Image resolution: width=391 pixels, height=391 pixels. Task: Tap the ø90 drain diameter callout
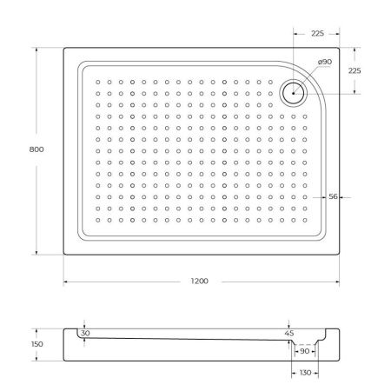325,62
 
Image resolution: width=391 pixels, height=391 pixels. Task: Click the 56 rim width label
333,196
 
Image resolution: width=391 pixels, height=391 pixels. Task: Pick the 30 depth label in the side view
84,333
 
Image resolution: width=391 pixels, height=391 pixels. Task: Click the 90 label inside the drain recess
304,352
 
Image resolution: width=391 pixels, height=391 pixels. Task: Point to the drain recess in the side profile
304,344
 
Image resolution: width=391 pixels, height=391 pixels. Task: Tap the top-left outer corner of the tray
64,48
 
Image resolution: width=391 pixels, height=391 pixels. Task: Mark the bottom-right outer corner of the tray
341,255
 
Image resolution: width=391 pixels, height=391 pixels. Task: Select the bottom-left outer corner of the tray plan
64,255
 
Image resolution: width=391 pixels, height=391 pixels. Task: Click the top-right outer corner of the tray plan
341,48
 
